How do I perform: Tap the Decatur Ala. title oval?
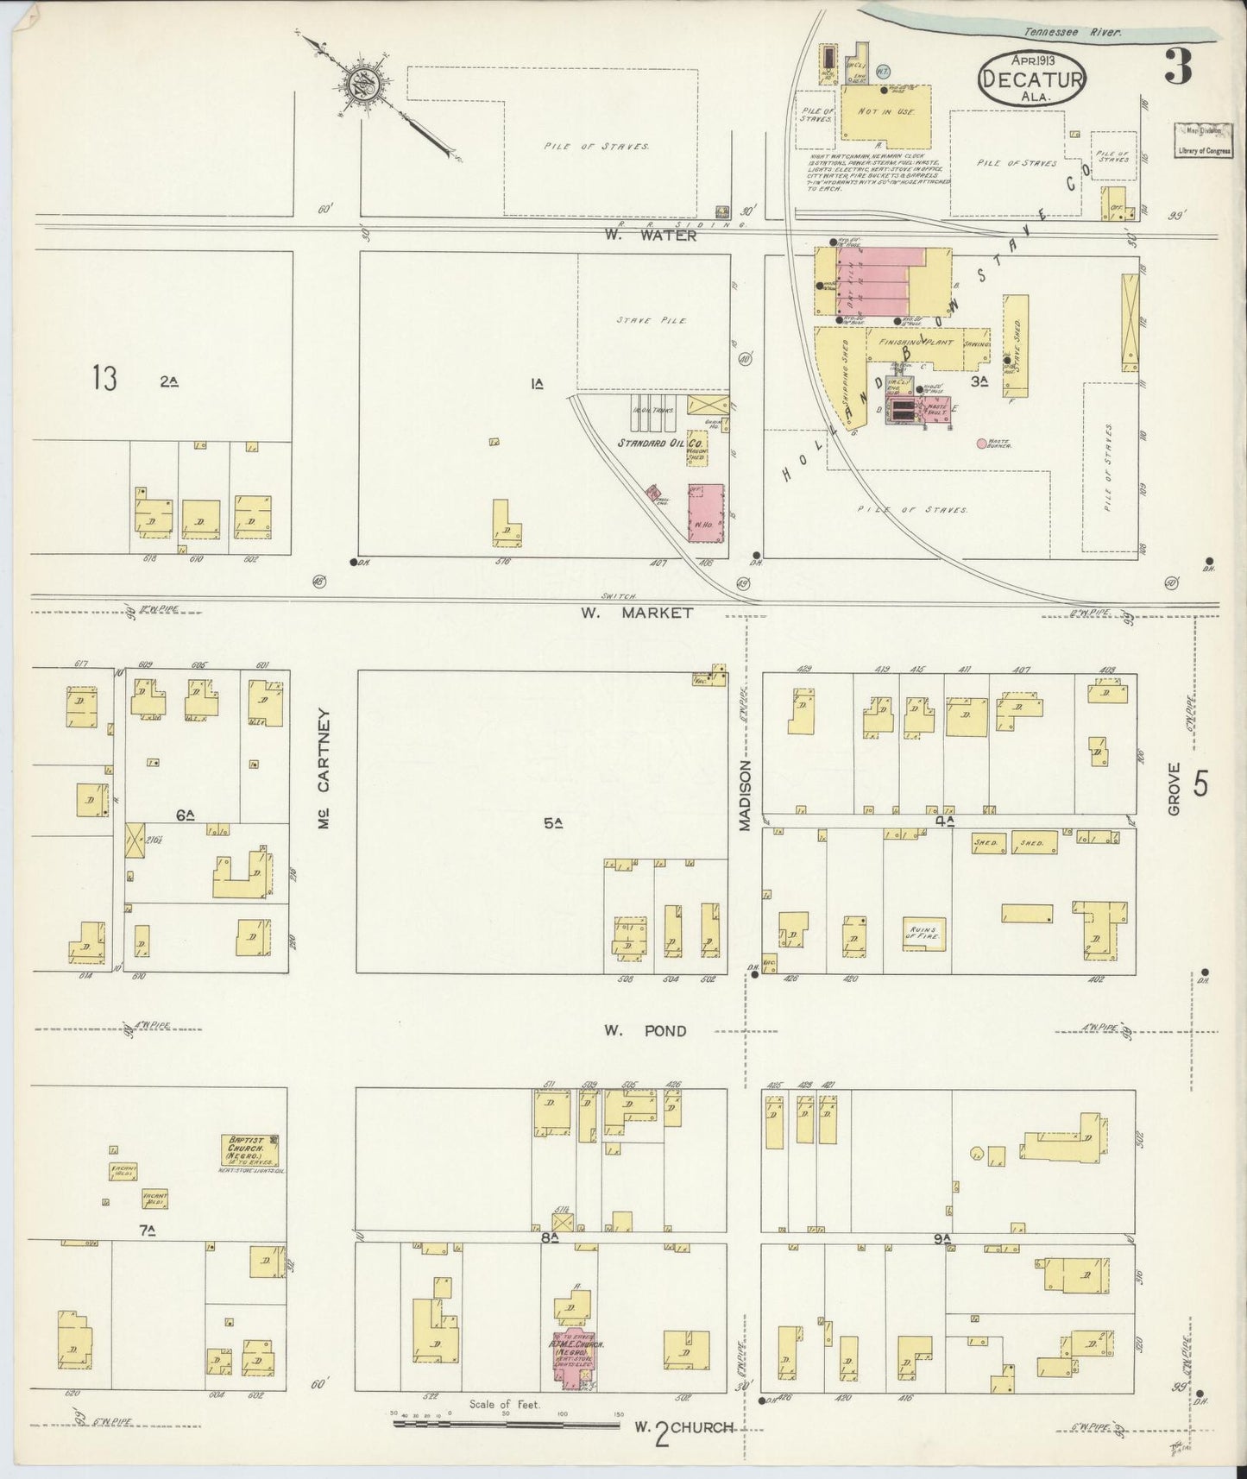[1032, 79]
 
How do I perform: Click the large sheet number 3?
[1180, 66]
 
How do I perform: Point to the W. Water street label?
[652, 235]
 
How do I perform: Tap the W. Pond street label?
[645, 1030]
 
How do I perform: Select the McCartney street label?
[324, 769]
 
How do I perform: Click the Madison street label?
[745, 795]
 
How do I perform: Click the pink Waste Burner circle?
[981, 444]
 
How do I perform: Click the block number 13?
[104, 378]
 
